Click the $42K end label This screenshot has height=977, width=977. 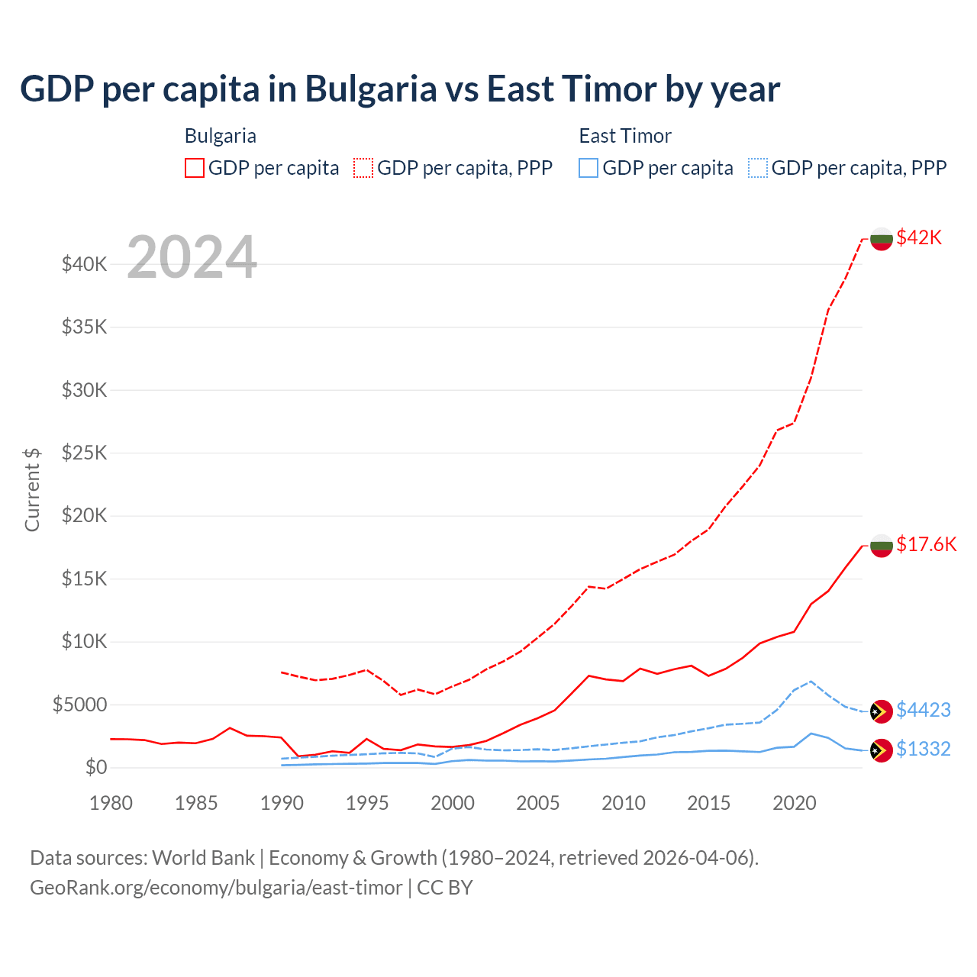click(x=919, y=237)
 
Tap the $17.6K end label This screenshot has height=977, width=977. click(x=926, y=544)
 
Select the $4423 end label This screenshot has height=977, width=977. click(x=923, y=710)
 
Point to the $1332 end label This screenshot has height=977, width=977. click(x=923, y=749)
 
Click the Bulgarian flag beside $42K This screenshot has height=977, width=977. click(x=882, y=238)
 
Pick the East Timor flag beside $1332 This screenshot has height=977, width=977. click(x=882, y=750)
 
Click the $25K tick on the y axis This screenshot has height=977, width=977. click(x=84, y=453)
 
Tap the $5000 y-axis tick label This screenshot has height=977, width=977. click(x=79, y=704)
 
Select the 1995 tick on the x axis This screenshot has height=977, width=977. click(x=367, y=803)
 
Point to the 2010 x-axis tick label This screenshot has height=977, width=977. click(x=624, y=803)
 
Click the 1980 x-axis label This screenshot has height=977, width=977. click(x=111, y=803)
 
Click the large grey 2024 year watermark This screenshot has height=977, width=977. click(x=192, y=257)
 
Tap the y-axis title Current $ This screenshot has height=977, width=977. click(x=32, y=489)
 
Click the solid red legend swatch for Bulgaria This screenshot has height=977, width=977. click(x=195, y=168)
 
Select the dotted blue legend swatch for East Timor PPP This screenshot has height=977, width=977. click(x=758, y=168)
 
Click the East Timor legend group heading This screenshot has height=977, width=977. click(x=625, y=136)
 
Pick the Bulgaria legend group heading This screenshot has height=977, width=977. click(x=221, y=136)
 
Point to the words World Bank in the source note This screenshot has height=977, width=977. click(x=203, y=858)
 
